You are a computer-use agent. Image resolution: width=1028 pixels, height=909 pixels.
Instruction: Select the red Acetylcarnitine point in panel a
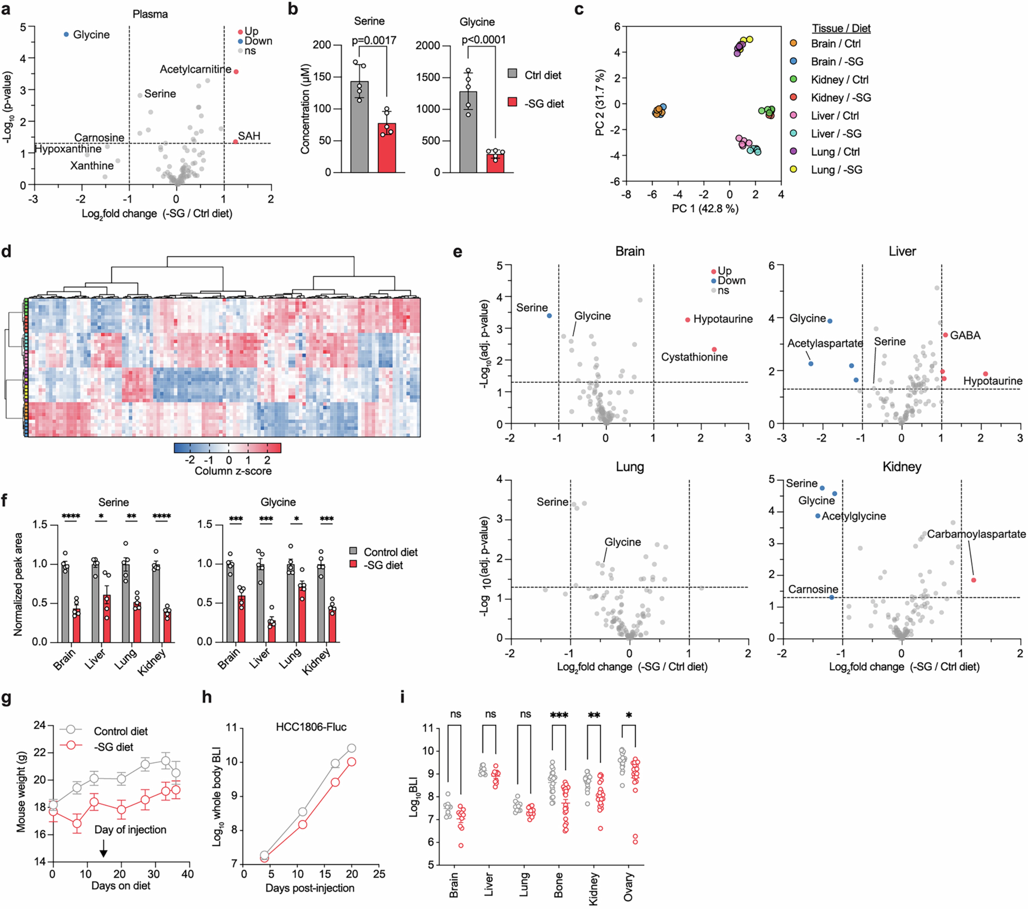(x=236, y=71)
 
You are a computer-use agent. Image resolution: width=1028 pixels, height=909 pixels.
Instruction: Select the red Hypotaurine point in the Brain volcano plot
(x=687, y=320)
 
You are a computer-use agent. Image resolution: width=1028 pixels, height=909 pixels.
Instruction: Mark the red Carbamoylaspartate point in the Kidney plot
(x=973, y=580)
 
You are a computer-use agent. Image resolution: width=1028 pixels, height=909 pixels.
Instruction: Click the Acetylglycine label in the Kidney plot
(x=853, y=516)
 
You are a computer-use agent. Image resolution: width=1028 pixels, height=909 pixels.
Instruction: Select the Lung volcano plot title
(x=630, y=466)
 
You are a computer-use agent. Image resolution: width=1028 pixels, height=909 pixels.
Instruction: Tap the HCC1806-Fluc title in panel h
(x=311, y=727)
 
